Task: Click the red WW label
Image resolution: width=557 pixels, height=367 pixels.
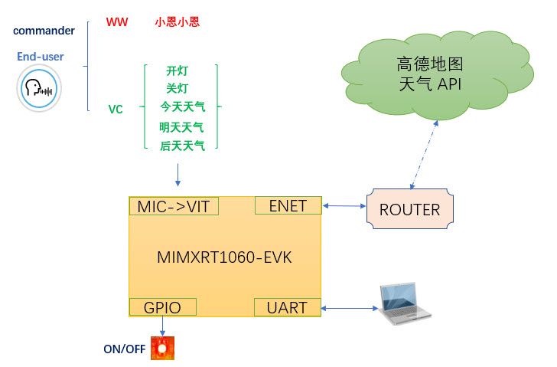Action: [117, 22]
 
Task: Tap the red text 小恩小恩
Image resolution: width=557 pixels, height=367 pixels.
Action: [177, 22]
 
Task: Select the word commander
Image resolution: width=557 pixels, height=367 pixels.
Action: [44, 31]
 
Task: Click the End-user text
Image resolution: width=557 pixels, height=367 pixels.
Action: [41, 57]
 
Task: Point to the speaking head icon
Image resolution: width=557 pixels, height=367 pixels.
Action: [38, 88]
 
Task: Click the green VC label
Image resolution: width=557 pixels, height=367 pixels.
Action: [116, 109]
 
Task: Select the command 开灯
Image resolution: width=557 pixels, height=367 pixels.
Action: [178, 70]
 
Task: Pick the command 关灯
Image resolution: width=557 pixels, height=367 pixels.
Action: [178, 88]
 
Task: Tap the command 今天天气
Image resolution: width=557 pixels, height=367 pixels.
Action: [182, 106]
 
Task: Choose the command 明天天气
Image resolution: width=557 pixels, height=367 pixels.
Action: [181, 127]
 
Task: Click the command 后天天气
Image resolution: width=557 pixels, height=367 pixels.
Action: [182, 146]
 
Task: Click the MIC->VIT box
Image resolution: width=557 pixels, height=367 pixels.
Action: [174, 206]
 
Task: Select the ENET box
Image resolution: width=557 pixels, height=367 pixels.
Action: [288, 205]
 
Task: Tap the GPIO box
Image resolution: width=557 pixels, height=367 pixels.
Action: [163, 307]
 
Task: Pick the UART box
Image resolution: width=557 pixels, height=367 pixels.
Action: [287, 307]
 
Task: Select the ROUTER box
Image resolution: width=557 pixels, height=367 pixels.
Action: [410, 209]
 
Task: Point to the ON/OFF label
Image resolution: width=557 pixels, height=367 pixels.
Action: [125, 349]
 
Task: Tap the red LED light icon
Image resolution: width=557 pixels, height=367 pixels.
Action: [163, 349]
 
